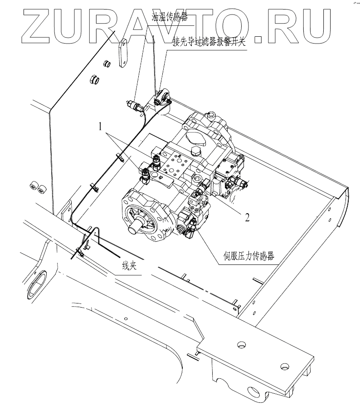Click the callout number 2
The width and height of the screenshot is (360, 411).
click(247, 217)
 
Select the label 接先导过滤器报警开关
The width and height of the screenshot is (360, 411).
click(210, 43)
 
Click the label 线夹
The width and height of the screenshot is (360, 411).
click(129, 266)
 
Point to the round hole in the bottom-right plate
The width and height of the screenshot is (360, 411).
click(284, 366)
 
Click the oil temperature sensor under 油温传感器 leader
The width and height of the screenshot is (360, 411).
click(136, 106)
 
